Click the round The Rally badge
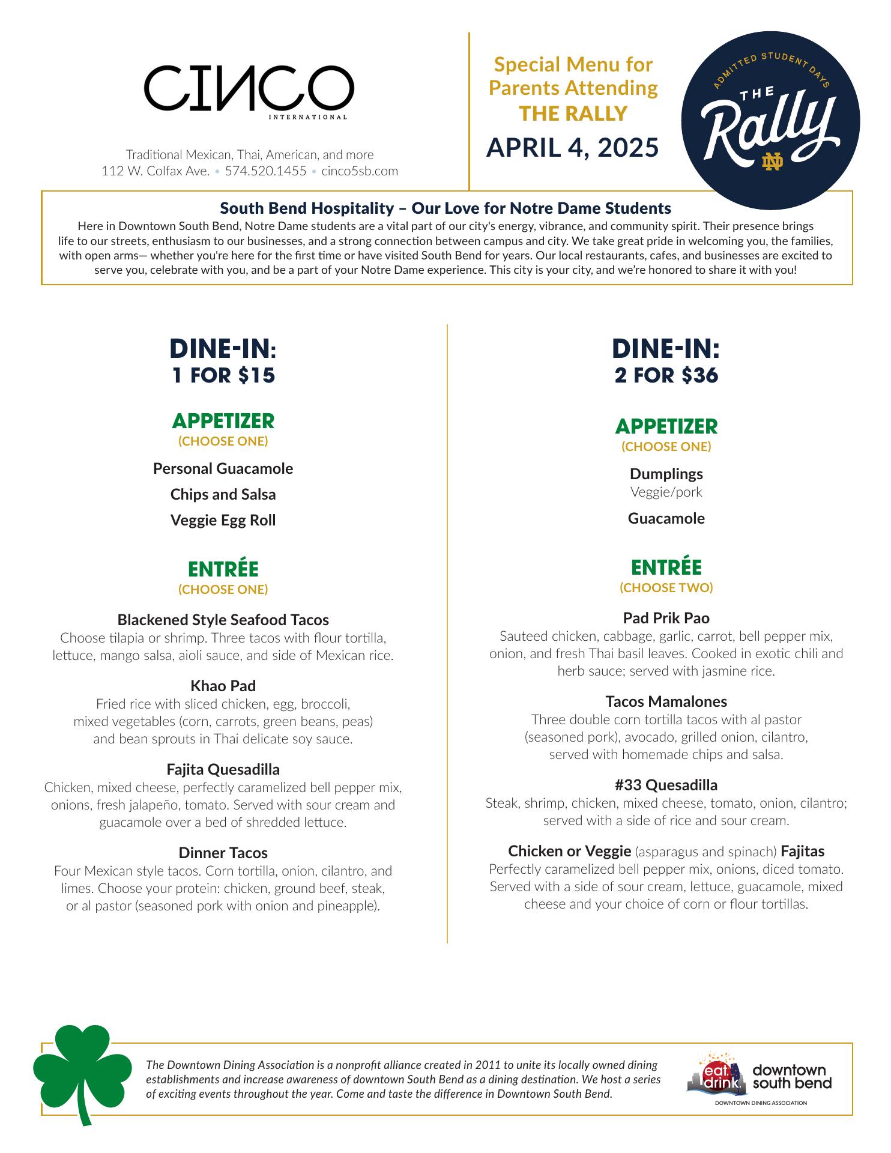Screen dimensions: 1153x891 tap(770, 121)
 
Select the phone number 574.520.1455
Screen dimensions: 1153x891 tap(265, 171)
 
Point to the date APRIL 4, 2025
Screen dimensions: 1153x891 tap(572, 147)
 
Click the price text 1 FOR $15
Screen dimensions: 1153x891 tap(223, 375)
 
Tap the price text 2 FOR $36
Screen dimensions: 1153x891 tap(666, 375)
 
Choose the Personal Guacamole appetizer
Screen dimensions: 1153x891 tap(223, 468)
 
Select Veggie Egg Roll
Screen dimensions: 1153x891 tap(223, 520)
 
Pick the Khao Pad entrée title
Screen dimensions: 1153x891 tap(223, 686)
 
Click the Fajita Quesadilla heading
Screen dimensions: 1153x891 tap(223, 769)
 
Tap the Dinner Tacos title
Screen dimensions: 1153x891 tap(223, 853)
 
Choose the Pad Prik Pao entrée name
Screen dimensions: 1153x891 tap(666, 618)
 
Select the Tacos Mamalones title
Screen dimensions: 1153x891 tap(666, 701)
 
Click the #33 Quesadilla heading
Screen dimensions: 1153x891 tap(666, 785)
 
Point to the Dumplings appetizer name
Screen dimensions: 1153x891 tap(666, 474)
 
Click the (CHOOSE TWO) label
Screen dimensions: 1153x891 tap(666, 587)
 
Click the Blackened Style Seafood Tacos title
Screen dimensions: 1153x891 tap(223, 620)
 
